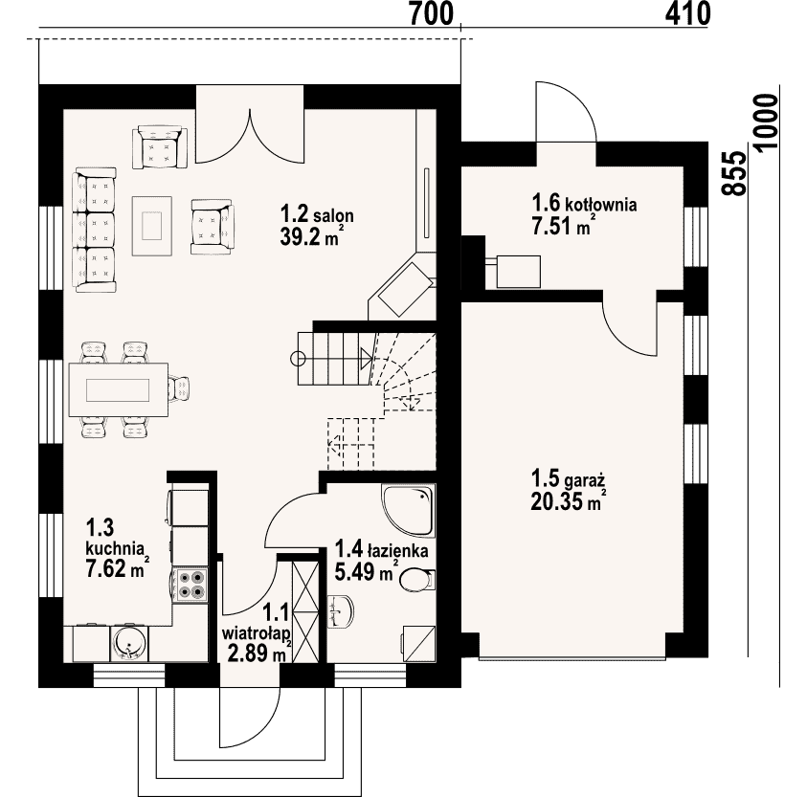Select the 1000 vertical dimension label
(x=766, y=122)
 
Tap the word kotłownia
(x=601, y=205)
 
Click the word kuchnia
(x=115, y=547)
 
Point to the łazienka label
(x=397, y=551)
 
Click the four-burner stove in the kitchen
(x=190, y=586)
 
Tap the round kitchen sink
(x=128, y=643)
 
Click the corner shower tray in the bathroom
(x=408, y=511)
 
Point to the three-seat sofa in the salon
(x=95, y=230)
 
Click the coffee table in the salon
(x=152, y=226)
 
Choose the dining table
(x=119, y=390)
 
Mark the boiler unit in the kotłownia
(x=518, y=271)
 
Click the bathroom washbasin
(x=341, y=612)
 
